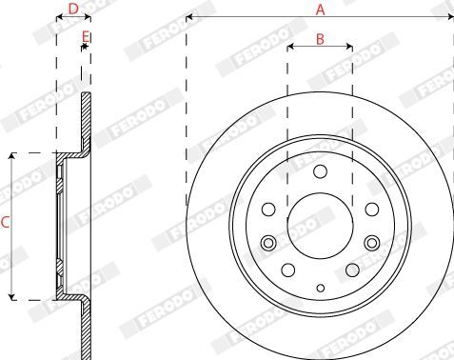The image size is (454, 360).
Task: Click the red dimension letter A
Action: click(321, 10)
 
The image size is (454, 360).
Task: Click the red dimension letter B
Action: click(320, 39)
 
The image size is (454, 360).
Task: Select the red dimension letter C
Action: click(5, 222)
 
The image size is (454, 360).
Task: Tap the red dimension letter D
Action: click(73, 9)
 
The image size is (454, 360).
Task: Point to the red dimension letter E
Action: click(86, 37)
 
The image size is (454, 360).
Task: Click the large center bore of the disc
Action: click(320, 226)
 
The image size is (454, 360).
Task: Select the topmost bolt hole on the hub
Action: click(320, 171)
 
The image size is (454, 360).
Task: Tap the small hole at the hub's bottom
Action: click(321, 289)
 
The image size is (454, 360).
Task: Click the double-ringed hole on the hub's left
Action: click(268, 243)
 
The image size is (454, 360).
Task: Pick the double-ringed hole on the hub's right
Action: click(372, 243)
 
